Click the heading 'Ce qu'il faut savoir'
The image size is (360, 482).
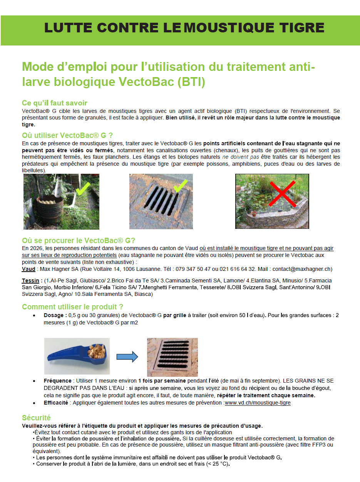point(54,103)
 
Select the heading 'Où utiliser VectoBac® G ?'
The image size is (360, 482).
point(67,135)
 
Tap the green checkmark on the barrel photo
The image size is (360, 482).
point(83,188)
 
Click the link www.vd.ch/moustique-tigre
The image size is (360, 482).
point(258,403)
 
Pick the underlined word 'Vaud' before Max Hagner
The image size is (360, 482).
point(28,269)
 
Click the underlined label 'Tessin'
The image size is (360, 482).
point(31,280)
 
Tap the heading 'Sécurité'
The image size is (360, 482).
point(36,418)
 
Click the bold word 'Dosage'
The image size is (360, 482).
point(55,315)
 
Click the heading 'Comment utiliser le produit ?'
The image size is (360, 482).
point(72,307)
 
